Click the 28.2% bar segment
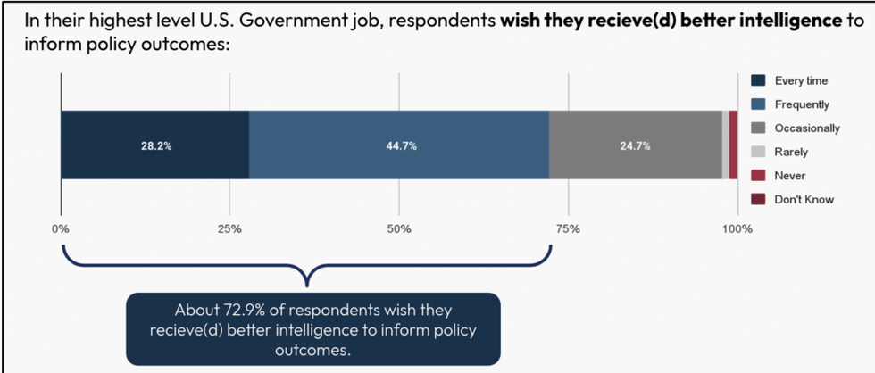155,145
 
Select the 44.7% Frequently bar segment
398,145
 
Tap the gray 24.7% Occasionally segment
634,145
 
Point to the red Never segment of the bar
733,145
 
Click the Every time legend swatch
758,81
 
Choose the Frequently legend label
802,104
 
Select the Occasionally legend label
806,128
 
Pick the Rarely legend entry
791,152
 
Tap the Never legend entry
789,176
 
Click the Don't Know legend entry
804,199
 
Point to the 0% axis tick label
61,229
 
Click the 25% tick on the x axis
229,229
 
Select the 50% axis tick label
399,229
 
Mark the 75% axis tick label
568,229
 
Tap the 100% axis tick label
737,229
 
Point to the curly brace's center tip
307,285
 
